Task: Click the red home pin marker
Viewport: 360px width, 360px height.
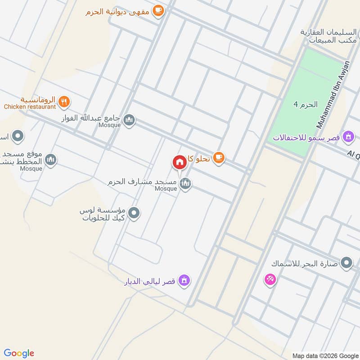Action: pyautogui.click(x=180, y=162)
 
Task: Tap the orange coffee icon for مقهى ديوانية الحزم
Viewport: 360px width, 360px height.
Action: pyautogui.click(x=157, y=10)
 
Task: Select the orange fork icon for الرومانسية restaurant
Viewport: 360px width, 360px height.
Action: pyautogui.click(x=64, y=102)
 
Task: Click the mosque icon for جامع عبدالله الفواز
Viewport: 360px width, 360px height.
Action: pyautogui.click(x=129, y=120)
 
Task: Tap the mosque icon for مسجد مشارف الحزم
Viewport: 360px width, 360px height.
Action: pyautogui.click(x=185, y=183)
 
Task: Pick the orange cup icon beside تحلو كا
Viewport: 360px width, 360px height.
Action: pyautogui.click(x=219, y=157)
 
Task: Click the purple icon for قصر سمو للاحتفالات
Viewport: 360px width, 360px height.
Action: pyautogui.click(x=347, y=136)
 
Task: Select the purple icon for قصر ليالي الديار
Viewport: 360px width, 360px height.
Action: pyautogui.click(x=184, y=281)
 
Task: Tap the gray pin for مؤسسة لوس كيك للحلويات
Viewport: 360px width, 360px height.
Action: pyautogui.click(x=134, y=213)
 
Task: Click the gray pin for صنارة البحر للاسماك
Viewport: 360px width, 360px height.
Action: pyautogui.click(x=346, y=263)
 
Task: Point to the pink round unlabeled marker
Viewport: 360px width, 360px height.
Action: pyautogui.click(x=270, y=280)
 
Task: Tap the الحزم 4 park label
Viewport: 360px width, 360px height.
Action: pyautogui.click(x=306, y=104)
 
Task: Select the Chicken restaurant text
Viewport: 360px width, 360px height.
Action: pyautogui.click(x=30, y=107)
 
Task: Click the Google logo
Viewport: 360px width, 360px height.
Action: pyautogui.click(x=19, y=353)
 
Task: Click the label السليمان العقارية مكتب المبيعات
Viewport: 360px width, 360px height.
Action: pyautogui.click(x=329, y=37)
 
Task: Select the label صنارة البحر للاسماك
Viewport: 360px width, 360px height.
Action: pyautogui.click(x=304, y=263)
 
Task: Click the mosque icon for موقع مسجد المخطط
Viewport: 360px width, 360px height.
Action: pyautogui.click(x=51, y=159)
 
